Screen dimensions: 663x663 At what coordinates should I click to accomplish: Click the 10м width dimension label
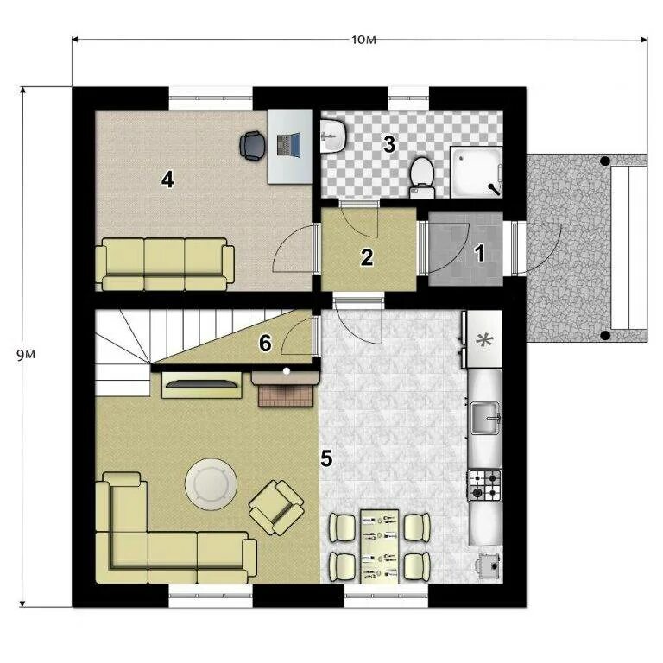click(363, 40)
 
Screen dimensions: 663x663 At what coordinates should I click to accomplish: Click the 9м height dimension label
click(26, 354)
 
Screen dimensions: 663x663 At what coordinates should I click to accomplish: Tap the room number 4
click(167, 180)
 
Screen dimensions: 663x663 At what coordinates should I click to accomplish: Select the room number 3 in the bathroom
click(389, 144)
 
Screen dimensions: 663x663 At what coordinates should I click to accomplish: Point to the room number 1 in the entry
click(479, 253)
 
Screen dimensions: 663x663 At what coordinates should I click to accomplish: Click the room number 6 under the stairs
click(265, 343)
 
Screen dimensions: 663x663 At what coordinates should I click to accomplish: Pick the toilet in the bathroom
click(422, 178)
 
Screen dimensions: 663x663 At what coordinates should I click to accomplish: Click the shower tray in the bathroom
click(477, 172)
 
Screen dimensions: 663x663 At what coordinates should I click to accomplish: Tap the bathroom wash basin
click(333, 136)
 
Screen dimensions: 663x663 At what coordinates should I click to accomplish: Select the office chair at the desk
click(253, 146)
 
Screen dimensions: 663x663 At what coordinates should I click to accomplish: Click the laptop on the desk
click(289, 145)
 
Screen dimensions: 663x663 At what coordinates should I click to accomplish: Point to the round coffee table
click(211, 484)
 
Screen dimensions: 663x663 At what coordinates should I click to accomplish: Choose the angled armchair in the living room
click(276, 508)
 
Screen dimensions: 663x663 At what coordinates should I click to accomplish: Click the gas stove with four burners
click(484, 485)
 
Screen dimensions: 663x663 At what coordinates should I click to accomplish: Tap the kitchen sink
click(486, 418)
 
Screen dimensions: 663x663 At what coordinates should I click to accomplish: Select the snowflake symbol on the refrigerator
click(484, 340)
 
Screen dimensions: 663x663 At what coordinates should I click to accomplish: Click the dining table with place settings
click(379, 546)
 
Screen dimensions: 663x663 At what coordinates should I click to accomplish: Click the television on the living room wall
click(202, 384)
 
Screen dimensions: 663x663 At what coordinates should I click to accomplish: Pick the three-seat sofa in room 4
click(165, 264)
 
